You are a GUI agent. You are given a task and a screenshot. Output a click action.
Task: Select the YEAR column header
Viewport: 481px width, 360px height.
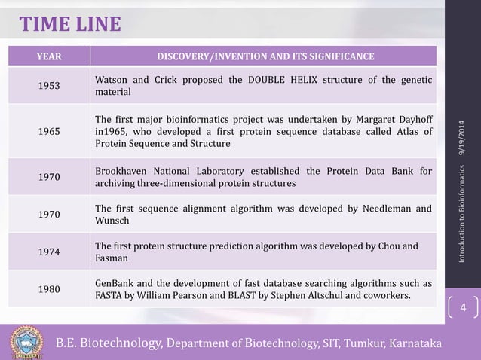50,56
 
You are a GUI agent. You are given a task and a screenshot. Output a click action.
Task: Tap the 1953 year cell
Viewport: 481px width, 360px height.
50,86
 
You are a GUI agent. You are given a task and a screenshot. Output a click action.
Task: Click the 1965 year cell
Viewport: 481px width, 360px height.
50,130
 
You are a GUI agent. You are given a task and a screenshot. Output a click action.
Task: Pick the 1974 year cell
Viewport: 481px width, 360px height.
50,252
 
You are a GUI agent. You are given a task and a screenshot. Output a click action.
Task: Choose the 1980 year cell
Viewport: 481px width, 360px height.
50,288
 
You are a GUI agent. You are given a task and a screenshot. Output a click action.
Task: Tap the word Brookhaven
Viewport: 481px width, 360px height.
124,171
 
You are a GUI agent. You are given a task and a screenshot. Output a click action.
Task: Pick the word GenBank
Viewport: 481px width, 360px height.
115,282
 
